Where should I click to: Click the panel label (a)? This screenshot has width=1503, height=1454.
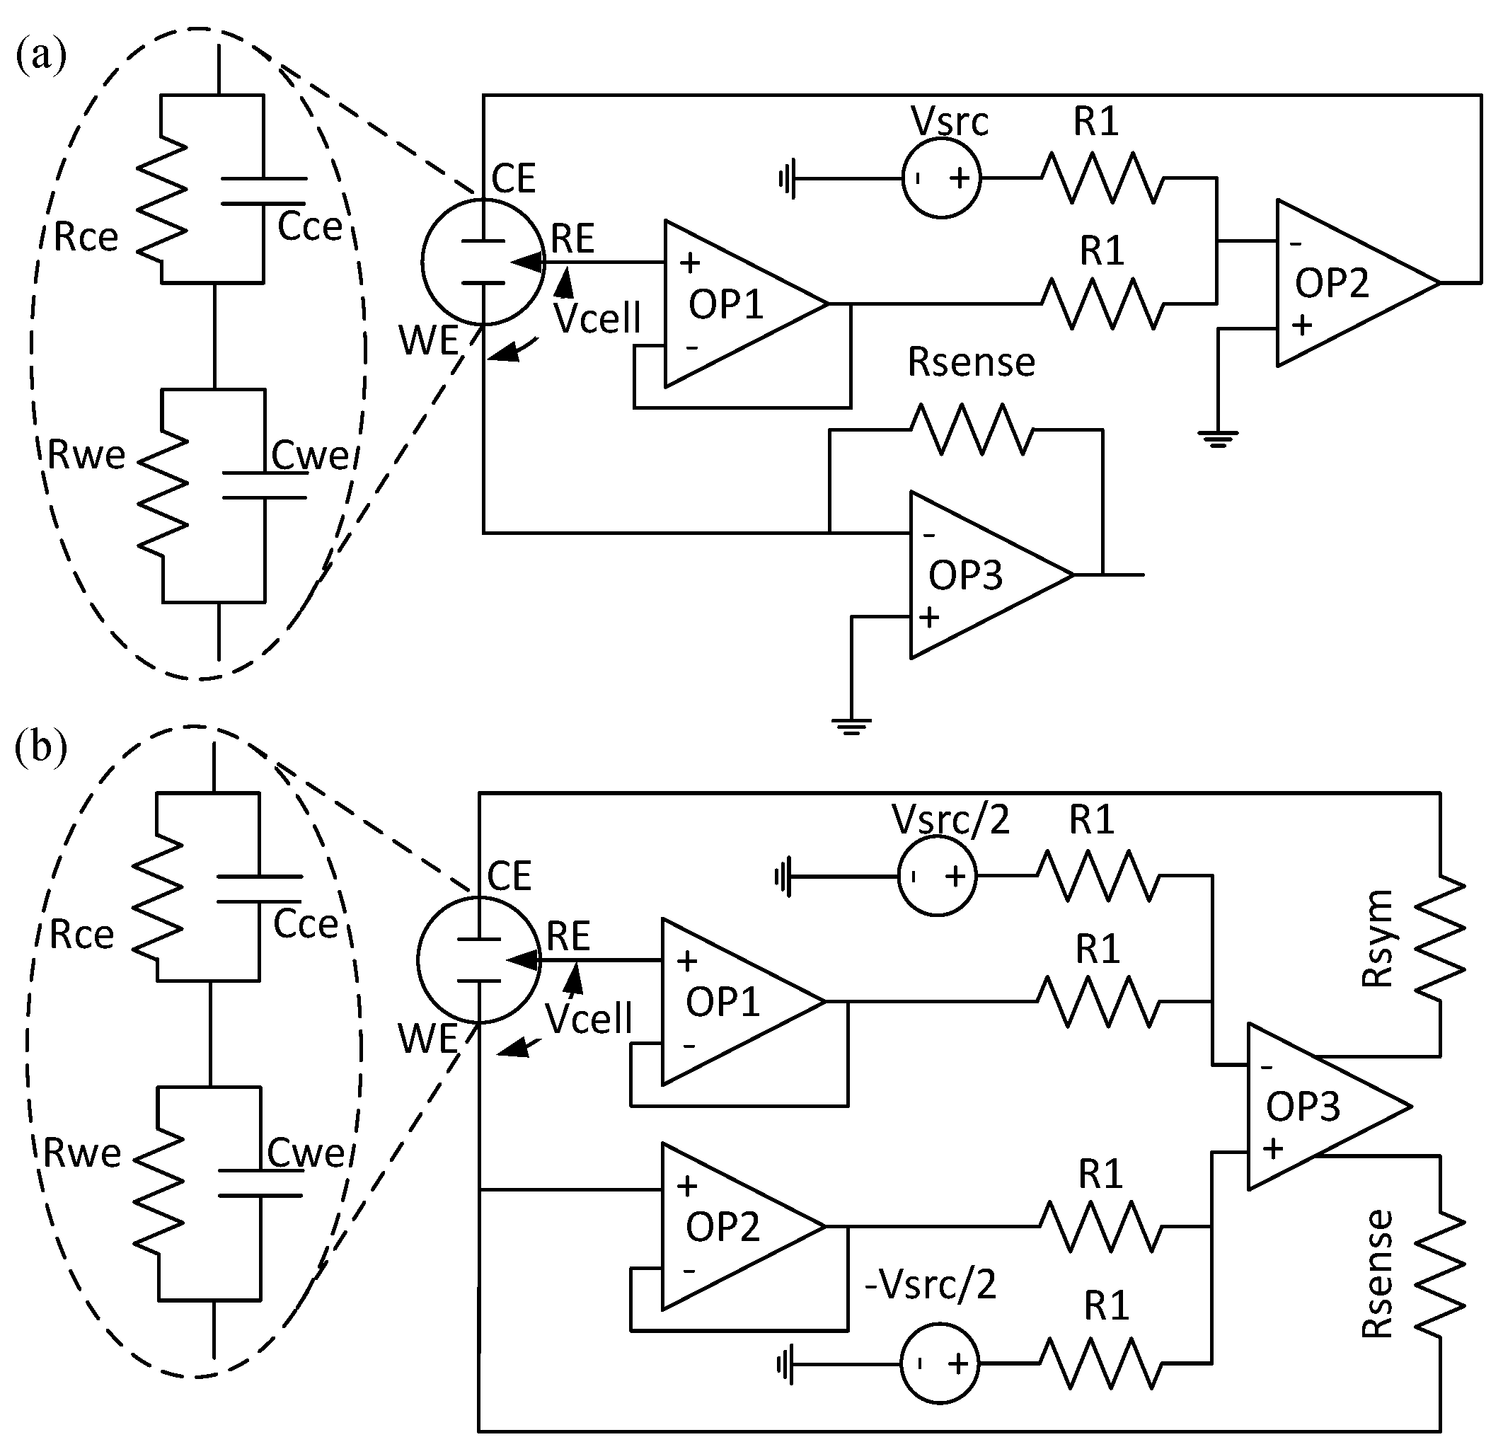(x=40, y=57)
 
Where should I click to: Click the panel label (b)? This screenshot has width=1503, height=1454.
(x=40, y=748)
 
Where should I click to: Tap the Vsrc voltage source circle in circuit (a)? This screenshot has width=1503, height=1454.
(x=941, y=179)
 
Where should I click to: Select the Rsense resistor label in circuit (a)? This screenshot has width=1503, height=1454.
(x=971, y=362)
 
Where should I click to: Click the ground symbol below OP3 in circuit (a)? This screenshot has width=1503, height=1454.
(x=851, y=725)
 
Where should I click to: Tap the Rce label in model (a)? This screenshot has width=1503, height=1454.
(x=86, y=238)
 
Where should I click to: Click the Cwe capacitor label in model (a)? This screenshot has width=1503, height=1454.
(x=310, y=456)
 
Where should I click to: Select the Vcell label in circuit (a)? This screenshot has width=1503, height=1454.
(x=597, y=318)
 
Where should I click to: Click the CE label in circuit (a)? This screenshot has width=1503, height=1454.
(x=513, y=179)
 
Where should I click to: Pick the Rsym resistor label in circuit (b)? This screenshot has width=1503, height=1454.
(x=1377, y=939)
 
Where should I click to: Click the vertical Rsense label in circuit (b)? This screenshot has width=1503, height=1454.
(x=1377, y=1274)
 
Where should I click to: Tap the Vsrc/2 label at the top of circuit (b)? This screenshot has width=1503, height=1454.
(x=950, y=820)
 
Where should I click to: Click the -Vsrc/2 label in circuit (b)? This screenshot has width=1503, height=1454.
(x=930, y=1284)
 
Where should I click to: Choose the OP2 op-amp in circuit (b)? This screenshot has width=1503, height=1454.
(x=728, y=1227)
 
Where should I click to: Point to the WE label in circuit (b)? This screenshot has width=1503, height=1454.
(x=428, y=1039)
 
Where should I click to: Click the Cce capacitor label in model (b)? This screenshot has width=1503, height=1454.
(x=305, y=924)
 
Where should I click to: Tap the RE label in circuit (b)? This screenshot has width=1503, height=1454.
(x=568, y=936)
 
